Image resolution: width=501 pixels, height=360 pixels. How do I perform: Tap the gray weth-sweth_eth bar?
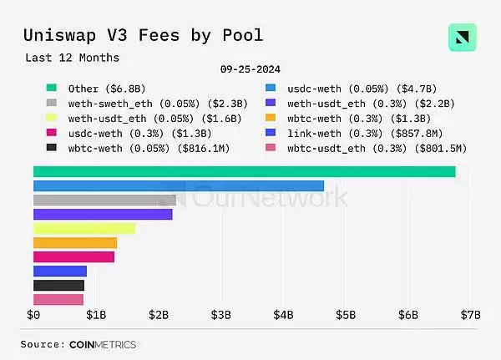pyautogui.click(x=104, y=200)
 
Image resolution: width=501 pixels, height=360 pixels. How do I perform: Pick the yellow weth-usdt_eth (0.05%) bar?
pyautogui.click(x=83, y=228)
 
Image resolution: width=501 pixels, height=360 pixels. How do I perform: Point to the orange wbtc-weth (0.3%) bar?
pyautogui.click(x=75, y=242)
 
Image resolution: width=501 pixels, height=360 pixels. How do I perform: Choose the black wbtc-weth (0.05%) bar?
pyautogui.click(x=58, y=285)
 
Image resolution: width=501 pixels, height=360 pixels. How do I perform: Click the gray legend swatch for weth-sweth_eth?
pyautogui.click(x=51, y=103)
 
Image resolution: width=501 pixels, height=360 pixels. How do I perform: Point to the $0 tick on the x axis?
pyautogui.click(x=33, y=315)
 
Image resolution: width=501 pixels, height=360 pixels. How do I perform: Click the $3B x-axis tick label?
pyautogui.click(x=221, y=315)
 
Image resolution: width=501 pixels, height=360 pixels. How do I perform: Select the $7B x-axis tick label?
pyautogui.click(x=471, y=315)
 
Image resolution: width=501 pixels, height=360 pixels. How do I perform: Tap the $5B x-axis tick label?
pyautogui.click(x=346, y=315)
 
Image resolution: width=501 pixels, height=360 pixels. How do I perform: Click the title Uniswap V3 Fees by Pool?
pyautogui.click(x=143, y=35)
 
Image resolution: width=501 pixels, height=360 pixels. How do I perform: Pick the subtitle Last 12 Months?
pyautogui.click(x=72, y=58)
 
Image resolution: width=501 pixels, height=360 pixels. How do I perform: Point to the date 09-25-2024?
pyautogui.click(x=250, y=70)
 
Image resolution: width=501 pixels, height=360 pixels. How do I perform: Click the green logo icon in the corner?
pyautogui.click(x=462, y=38)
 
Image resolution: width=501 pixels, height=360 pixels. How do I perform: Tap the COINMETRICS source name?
pyautogui.click(x=103, y=344)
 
